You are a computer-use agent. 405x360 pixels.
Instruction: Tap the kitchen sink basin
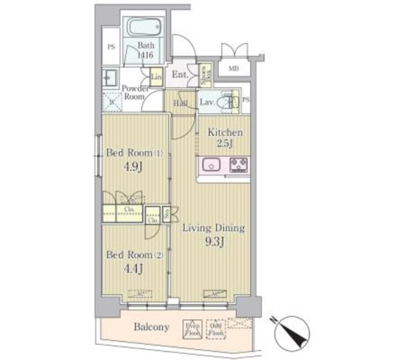point(210,164)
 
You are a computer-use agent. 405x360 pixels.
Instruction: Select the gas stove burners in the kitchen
point(239,165)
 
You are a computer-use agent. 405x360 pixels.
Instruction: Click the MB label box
point(233,68)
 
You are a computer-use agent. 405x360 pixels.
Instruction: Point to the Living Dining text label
point(213,228)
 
